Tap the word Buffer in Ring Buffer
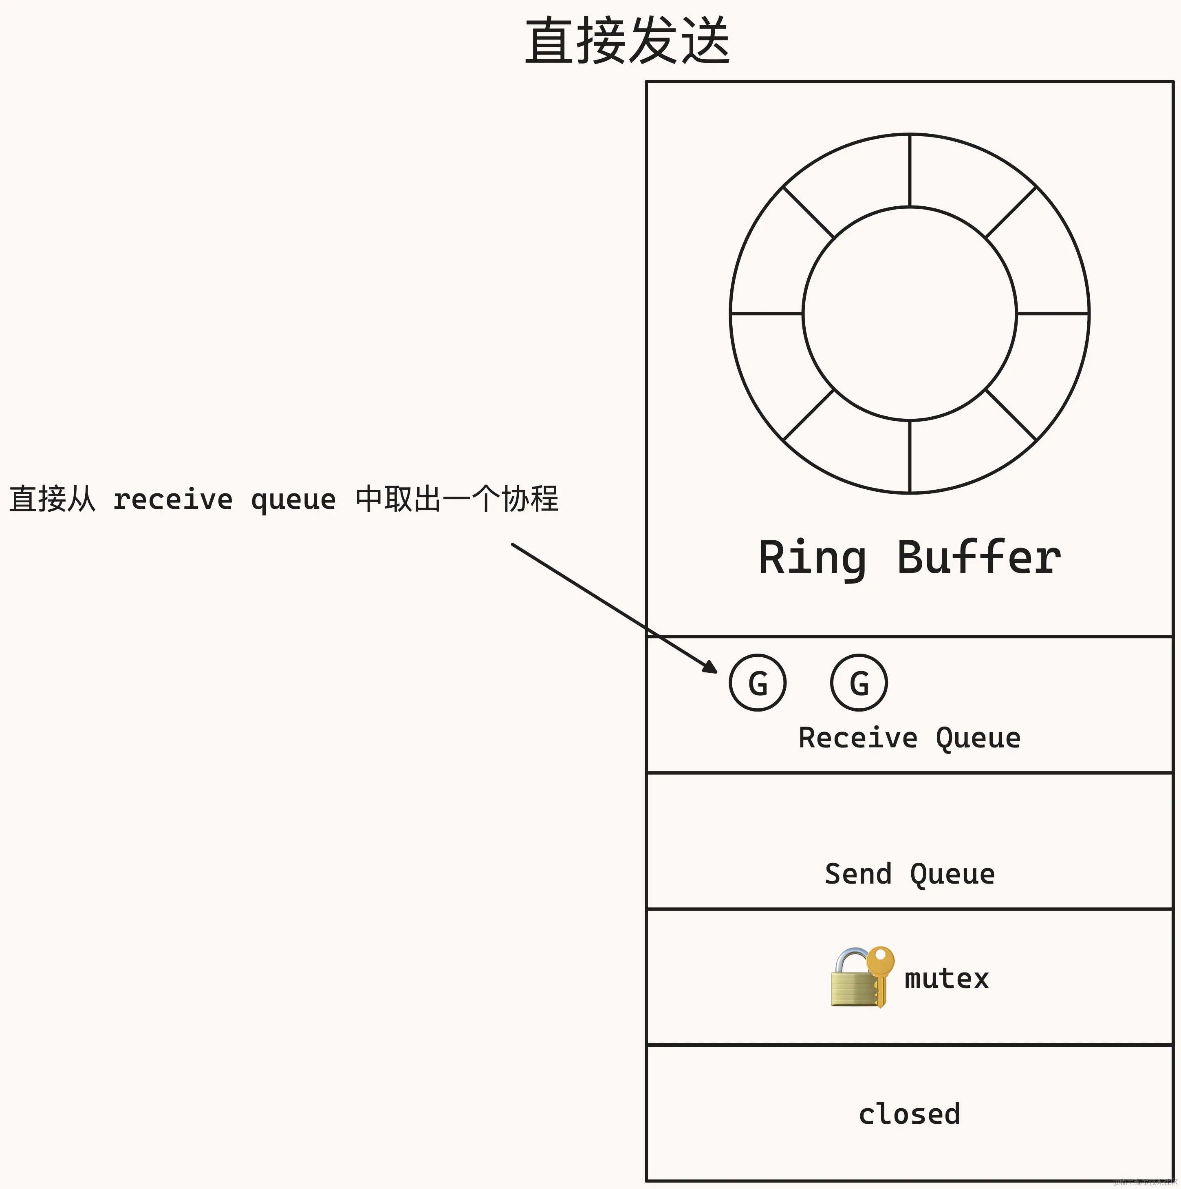pyautogui.click(x=978, y=557)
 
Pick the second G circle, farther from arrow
pyautogui.click(x=859, y=683)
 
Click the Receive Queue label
pyautogui.click(x=909, y=737)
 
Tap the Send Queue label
pyautogui.click(x=909, y=874)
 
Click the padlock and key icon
pyautogui.click(x=861, y=977)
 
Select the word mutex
pyautogui.click(x=946, y=979)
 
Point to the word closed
pyautogui.click(x=909, y=1114)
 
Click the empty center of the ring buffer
pyautogui.click(x=909, y=314)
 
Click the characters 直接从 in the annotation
pyautogui.click(x=52, y=499)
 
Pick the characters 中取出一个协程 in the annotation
pyautogui.click(x=456, y=499)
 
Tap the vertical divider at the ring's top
pyautogui.click(x=909, y=170)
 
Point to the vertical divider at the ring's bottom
pyautogui.click(x=909, y=457)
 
